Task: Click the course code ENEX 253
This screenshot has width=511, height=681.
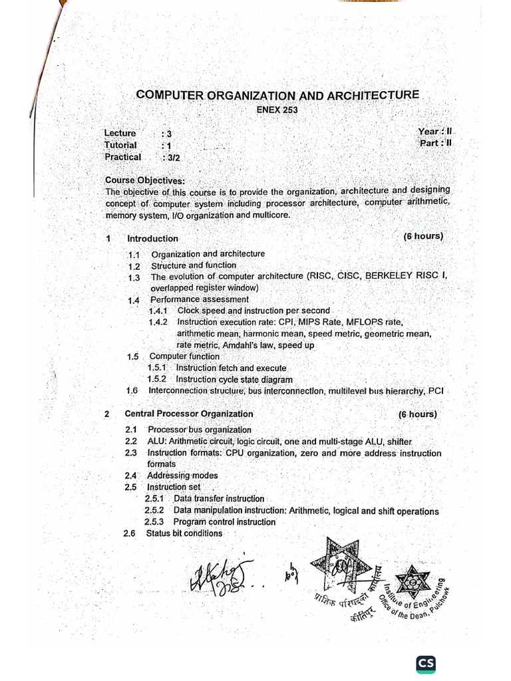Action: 277,110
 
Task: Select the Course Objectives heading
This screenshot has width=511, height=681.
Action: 145,180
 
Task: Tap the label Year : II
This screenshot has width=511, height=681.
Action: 435,132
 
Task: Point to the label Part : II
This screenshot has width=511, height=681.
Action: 436,143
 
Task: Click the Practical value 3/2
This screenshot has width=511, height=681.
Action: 174,158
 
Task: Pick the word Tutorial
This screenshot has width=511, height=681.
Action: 120,145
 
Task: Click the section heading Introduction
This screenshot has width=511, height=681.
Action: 152,238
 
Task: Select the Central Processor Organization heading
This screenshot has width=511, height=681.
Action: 189,414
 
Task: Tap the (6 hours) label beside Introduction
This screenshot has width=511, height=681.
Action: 423,236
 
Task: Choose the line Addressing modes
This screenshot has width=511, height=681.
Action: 182,476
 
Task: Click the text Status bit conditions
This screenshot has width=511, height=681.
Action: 184,533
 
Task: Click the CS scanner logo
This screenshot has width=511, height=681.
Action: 426,664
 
